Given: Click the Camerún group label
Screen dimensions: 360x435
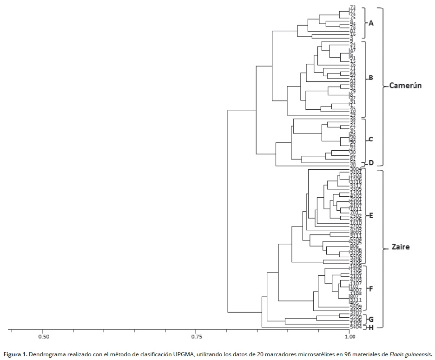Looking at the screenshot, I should click(405, 86).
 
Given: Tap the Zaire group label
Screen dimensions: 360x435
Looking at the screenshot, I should click(400, 247).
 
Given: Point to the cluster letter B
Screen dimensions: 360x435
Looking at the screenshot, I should click(371, 78).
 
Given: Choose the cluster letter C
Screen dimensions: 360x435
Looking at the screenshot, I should click(371, 139).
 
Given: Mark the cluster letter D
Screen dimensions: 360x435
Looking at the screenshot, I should click(371, 163).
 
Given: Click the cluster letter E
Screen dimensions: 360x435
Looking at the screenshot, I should click(371, 216).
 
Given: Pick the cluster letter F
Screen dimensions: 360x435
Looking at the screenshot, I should click(371, 289).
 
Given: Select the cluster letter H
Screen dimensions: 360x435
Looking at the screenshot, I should click(371, 327).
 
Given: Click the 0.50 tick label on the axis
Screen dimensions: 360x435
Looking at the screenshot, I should click(43, 336).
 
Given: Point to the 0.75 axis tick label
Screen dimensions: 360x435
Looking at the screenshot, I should click(196, 336).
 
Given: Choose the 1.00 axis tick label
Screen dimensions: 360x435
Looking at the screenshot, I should click(349, 336).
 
